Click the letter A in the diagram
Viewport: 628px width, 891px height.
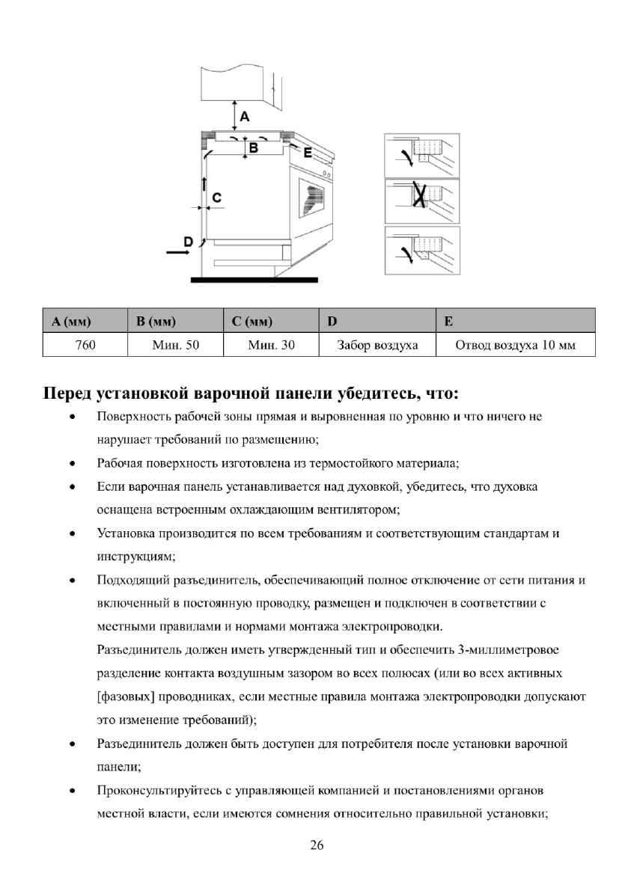[x=245, y=116]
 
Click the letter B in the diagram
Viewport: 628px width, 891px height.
[x=254, y=148]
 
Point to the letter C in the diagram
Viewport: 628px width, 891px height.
[x=216, y=197]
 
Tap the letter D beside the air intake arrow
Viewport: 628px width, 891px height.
[x=189, y=241]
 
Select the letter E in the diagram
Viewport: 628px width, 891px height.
[x=307, y=152]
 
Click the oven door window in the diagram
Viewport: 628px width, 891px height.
[x=313, y=196]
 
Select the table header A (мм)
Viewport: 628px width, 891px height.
[x=72, y=322]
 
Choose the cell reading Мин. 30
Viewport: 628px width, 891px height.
[x=271, y=346]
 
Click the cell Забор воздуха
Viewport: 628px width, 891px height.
[x=378, y=346]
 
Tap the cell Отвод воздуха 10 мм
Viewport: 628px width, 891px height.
[x=516, y=346]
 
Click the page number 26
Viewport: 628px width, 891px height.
[x=317, y=845]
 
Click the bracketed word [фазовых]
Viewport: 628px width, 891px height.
[x=126, y=697]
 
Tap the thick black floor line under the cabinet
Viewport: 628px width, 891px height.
[x=254, y=281]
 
